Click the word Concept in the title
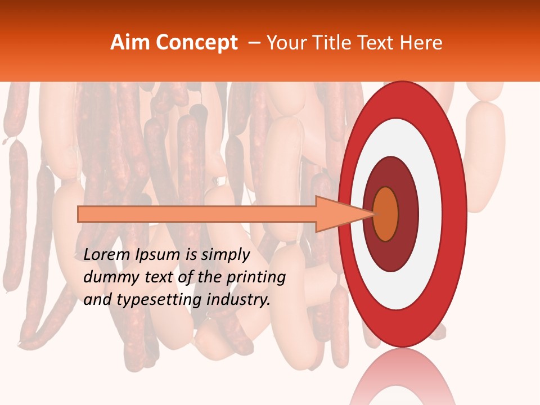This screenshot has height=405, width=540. pyautogui.click(x=196, y=43)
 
